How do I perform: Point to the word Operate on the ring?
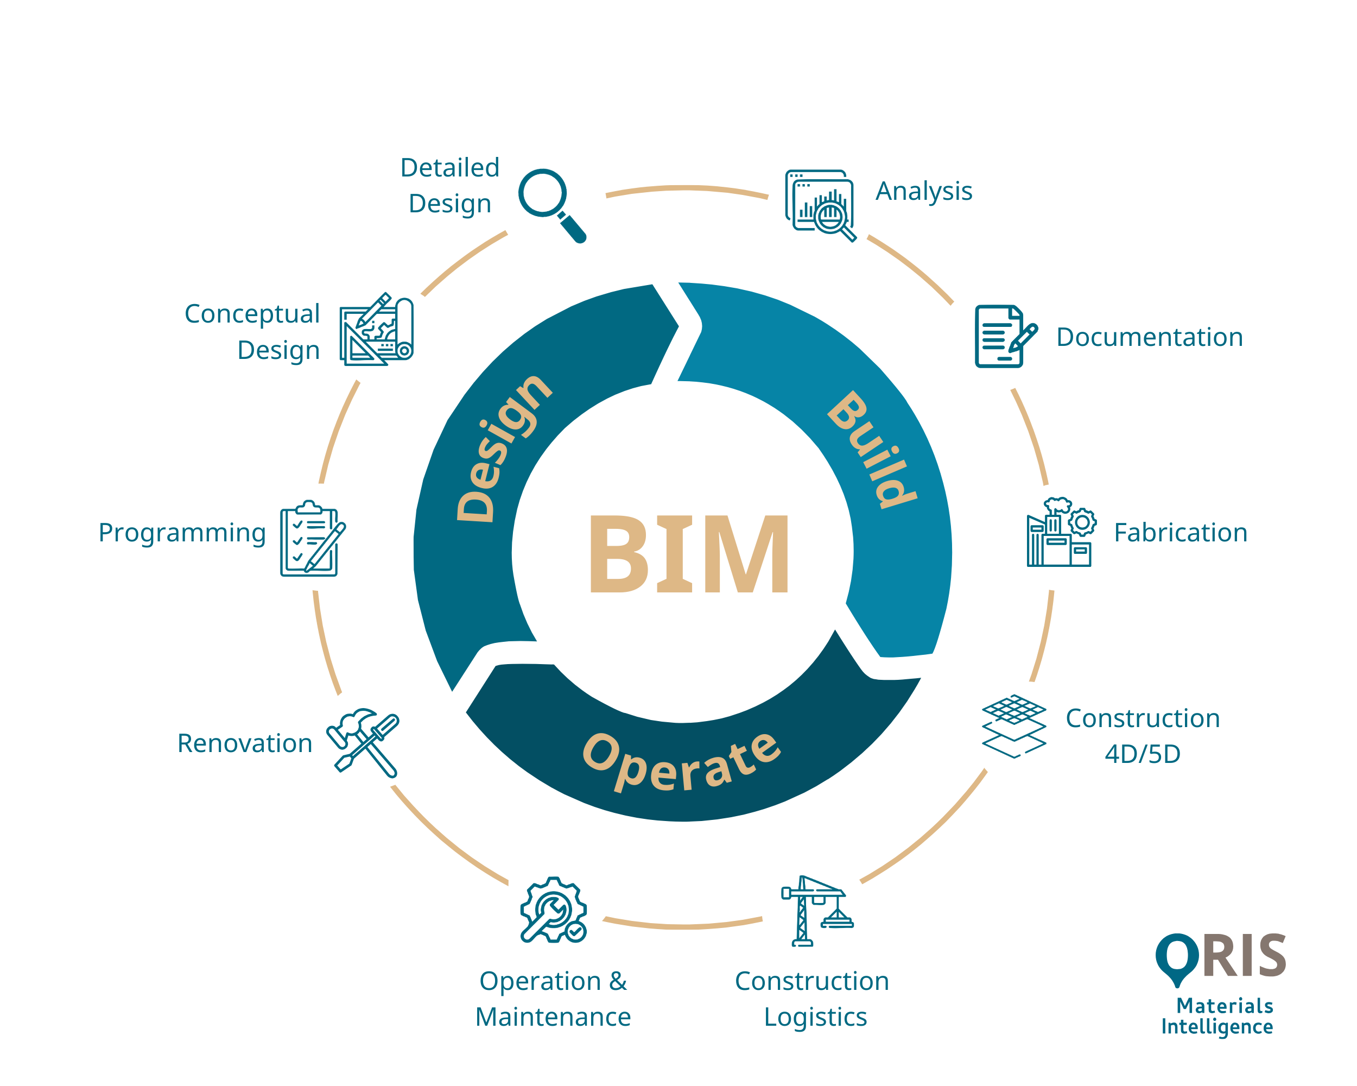(682, 762)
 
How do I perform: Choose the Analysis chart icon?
(820, 205)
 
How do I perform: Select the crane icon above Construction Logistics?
(815, 911)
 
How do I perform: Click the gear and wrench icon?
(553, 911)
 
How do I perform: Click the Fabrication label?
(1180, 533)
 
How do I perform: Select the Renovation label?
(245, 743)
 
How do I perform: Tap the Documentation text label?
(1149, 337)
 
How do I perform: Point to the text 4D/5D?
(1143, 754)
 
